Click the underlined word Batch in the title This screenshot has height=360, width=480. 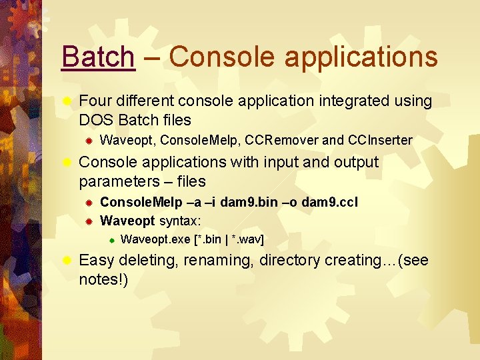click(x=97, y=57)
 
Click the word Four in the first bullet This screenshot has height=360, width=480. click(x=95, y=101)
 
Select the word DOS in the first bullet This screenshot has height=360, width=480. click(x=95, y=121)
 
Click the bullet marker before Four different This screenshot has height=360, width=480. click(x=66, y=101)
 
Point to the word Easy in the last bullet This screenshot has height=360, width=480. click(x=95, y=260)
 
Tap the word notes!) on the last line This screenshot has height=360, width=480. click(x=103, y=279)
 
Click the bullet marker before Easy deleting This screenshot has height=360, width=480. click(x=66, y=260)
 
